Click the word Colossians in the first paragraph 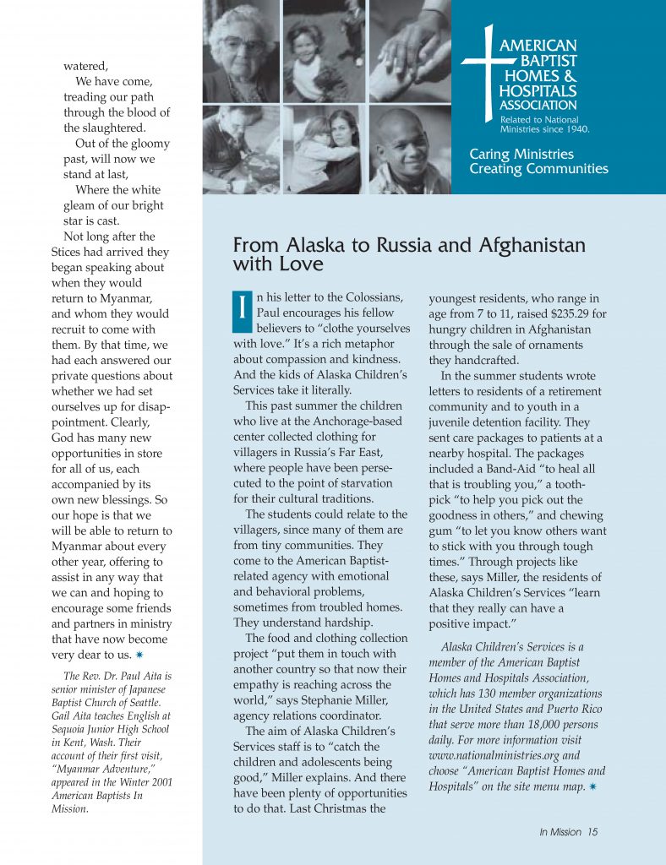(372, 297)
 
